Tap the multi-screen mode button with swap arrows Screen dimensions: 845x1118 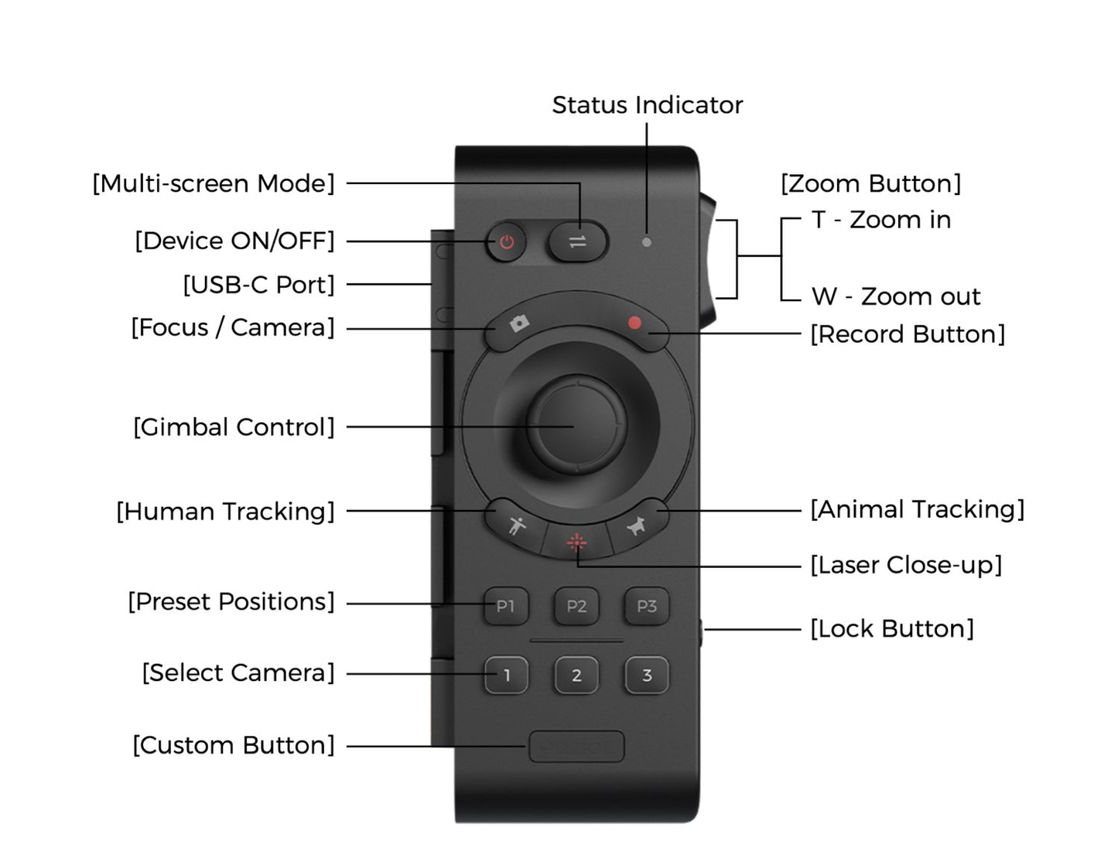tap(577, 241)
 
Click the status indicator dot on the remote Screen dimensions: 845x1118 tap(647, 242)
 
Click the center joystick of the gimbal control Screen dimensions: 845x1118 tap(576, 425)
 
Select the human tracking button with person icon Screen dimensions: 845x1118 tap(516, 525)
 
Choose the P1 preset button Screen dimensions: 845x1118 tap(505, 607)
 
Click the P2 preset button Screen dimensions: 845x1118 tap(576, 607)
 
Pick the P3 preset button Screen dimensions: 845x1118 tap(647, 607)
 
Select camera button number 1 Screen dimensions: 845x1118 tap(506, 676)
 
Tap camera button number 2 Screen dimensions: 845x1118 tap(576, 676)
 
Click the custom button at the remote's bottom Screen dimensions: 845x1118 tap(576, 747)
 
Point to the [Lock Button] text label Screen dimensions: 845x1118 tap(892, 629)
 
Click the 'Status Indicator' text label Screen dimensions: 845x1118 tap(647, 105)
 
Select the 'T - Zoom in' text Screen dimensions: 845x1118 tap(881, 220)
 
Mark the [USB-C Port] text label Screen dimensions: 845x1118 tap(258, 285)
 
